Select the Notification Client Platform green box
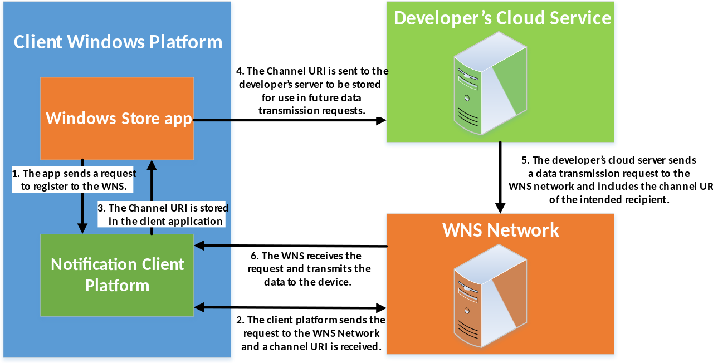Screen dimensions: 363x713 coord(117,275)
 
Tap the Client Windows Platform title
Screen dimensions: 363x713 coord(118,42)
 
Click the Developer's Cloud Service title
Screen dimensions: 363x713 coord(502,18)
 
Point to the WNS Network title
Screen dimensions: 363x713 coord(500,230)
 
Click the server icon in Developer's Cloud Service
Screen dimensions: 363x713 coord(490,84)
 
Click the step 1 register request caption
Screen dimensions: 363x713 coord(74,180)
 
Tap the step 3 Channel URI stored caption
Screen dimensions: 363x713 coord(162,214)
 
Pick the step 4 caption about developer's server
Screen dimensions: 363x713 coord(312,91)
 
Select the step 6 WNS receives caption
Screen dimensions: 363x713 coord(306,269)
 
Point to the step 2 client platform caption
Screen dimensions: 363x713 coord(311,333)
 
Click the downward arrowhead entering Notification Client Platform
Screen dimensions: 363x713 coord(82,228)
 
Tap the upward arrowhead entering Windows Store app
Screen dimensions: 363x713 coord(152,165)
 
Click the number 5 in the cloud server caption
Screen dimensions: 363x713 coord(525,160)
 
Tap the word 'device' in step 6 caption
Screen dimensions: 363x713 coord(335,282)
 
